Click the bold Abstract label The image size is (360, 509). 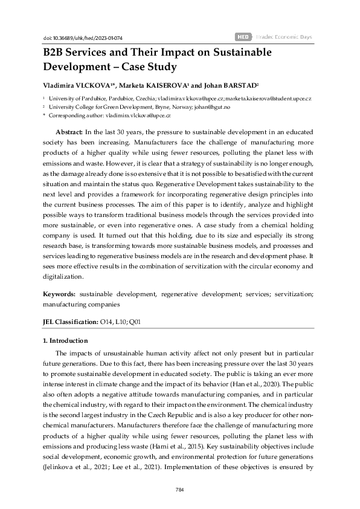[x=69, y=131]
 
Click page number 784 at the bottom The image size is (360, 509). [x=179, y=490]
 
